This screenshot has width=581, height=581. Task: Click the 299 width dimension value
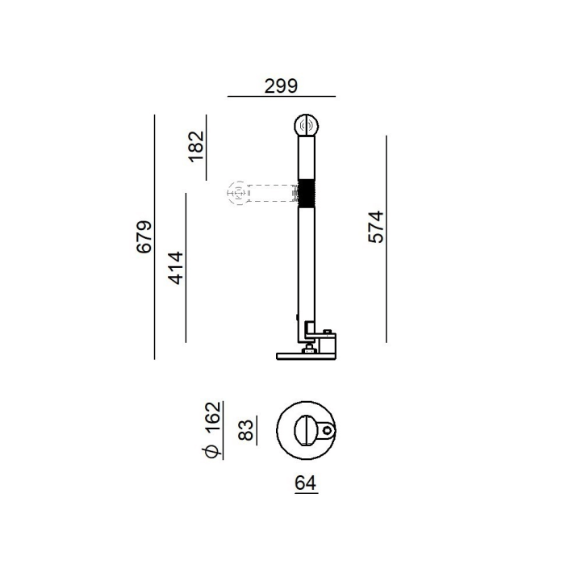(281, 86)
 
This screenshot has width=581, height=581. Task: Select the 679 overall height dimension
(144, 237)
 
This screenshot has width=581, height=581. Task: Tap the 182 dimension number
(196, 146)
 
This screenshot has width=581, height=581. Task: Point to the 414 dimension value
(176, 268)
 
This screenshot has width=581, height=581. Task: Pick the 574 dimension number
(376, 227)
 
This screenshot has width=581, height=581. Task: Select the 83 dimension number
(246, 430)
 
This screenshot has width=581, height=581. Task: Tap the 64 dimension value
(306, 483)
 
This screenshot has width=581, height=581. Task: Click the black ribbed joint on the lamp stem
(307, 193)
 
